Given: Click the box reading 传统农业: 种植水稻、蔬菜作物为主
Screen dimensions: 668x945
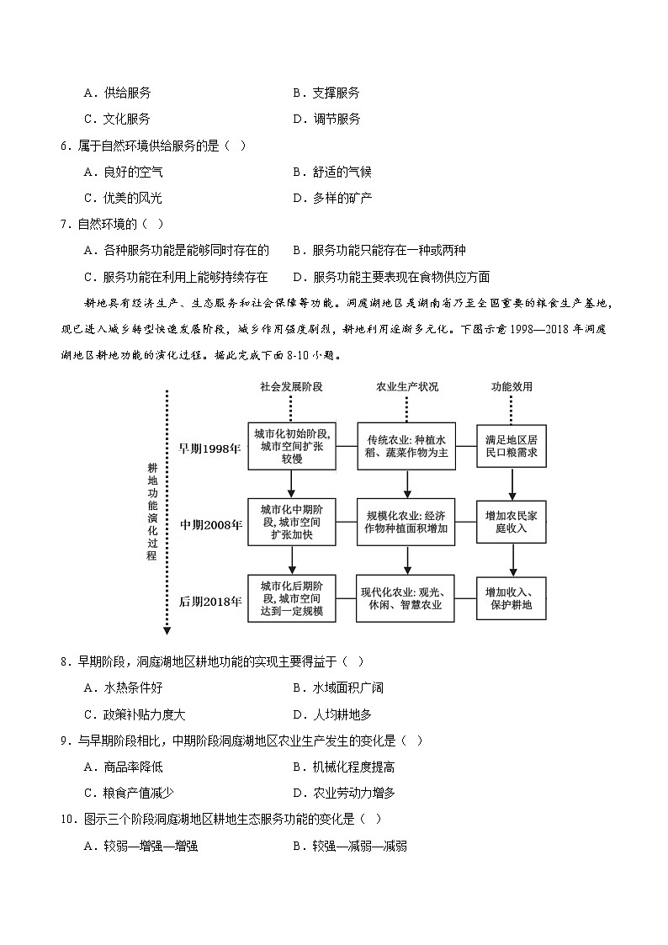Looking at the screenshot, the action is click(x=407, y=446).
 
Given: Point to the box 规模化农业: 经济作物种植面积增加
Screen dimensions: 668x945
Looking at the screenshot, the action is click(x=407, y=521).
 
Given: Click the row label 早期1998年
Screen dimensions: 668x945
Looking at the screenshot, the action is click(x=209, y=449).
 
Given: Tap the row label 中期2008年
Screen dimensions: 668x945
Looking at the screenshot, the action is click(x=209, y=524).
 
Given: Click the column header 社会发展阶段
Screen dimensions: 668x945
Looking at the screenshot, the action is click(x=291, y=386).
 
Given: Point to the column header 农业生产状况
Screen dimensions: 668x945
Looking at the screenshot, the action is click(x=407, y=386).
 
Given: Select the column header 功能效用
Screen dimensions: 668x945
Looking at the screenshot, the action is click(x=512, y=386).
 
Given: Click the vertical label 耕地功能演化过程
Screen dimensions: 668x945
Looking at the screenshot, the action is click(x=151, y=511).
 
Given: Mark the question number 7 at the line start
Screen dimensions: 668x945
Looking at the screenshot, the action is click(x=65, y=224).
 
